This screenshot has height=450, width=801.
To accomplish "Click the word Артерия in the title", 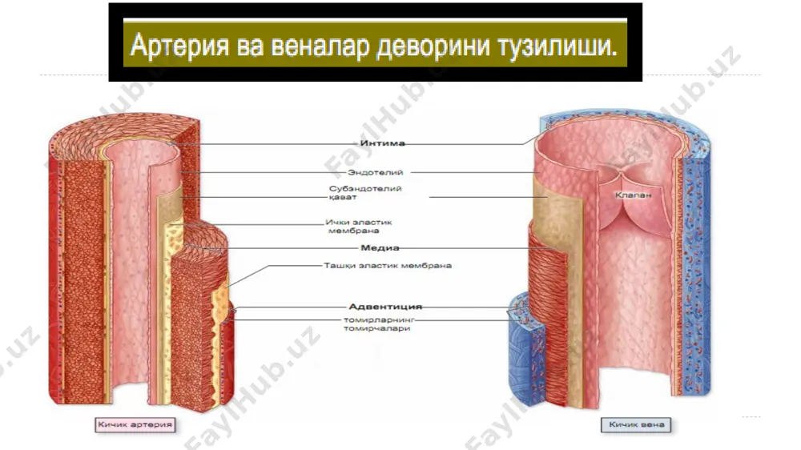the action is tap(179, 46).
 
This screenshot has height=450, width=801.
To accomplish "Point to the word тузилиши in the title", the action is tap(557, 46).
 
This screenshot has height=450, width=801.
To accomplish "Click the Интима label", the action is tap(383, 143).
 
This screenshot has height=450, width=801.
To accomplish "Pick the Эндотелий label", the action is tap(376, 172).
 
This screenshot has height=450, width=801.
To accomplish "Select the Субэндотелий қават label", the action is tap(365, 192).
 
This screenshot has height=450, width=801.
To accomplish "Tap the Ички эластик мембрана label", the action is tap(359, 227).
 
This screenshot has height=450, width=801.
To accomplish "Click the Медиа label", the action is tap(380, 247).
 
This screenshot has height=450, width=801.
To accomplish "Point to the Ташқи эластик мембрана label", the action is tap(388, 266).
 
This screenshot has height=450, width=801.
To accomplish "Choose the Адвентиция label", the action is tap(385, 307).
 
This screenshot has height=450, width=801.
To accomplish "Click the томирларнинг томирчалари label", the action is tap(378, 323).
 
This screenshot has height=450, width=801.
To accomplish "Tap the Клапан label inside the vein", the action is tap(633, 195).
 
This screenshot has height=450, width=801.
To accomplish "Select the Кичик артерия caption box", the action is tap(135, 425).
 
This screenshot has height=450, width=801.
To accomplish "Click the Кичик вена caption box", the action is tap(636, 425).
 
